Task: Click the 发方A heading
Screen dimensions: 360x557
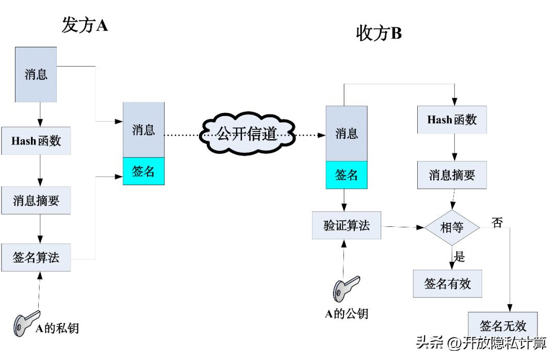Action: coord(85,25)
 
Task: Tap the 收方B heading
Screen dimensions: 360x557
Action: coord(379,34)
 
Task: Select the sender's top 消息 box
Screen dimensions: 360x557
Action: coord(36,74)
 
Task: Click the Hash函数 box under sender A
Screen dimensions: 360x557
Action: coord(36,140)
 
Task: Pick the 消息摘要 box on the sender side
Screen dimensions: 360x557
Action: coord(36,200)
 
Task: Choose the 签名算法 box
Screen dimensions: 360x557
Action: coord(36,257)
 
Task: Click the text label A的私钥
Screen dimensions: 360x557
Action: coord(57,328)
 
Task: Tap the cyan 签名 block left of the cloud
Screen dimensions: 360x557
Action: coord(143,171)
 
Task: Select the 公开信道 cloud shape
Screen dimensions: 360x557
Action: coord(248,135)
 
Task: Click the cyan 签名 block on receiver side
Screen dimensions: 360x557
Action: coord(347,175)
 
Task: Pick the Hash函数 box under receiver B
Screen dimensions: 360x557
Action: coord(452,120)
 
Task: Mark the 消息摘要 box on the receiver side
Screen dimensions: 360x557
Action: coord(452,175)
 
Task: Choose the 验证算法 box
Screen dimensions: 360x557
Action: coord(347,225)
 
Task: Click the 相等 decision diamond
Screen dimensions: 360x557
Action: coord(452,227)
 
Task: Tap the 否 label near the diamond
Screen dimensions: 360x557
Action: coord(497,222)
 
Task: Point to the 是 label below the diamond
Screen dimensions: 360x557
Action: coord(459,256)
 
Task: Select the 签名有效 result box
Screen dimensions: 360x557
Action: coord(448,283)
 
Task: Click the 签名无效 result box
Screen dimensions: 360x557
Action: coord(503,325)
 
